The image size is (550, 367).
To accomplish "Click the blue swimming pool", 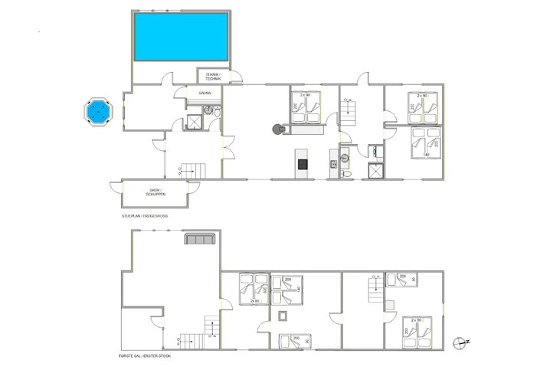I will (x=181, y=38).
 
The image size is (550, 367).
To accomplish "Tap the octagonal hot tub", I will (x=97, y=112).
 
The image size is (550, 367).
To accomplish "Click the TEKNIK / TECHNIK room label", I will (x=212, y=77).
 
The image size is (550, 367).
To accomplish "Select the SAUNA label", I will (x=205, y=93).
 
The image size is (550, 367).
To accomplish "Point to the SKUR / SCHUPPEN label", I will (x=156, y=192).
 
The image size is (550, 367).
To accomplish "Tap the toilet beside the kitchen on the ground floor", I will (x=346, y=173).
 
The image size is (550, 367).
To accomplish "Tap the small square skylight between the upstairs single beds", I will (x=284, y=316).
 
